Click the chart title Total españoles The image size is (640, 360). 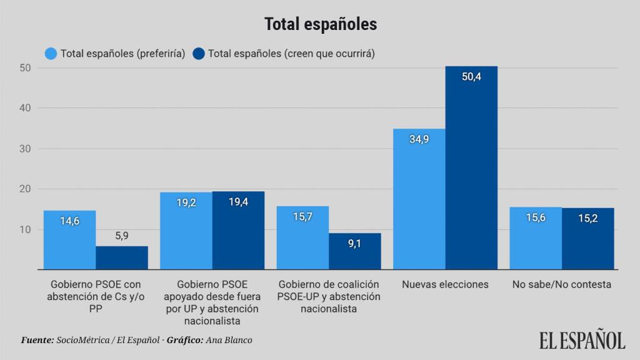click(320, 24)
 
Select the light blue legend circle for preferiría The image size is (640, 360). click(51, 54)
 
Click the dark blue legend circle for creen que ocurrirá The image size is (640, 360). click(199, 54)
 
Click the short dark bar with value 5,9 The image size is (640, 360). click(122, 258)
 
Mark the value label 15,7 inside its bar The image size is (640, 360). click(302, 217)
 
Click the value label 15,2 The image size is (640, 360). click(587, 219)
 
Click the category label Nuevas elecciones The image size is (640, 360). click(445, 284)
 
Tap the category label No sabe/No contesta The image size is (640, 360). click(561, 284)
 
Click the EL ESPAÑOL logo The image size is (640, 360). click(581, 340)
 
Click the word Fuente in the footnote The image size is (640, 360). click(36, 340)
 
